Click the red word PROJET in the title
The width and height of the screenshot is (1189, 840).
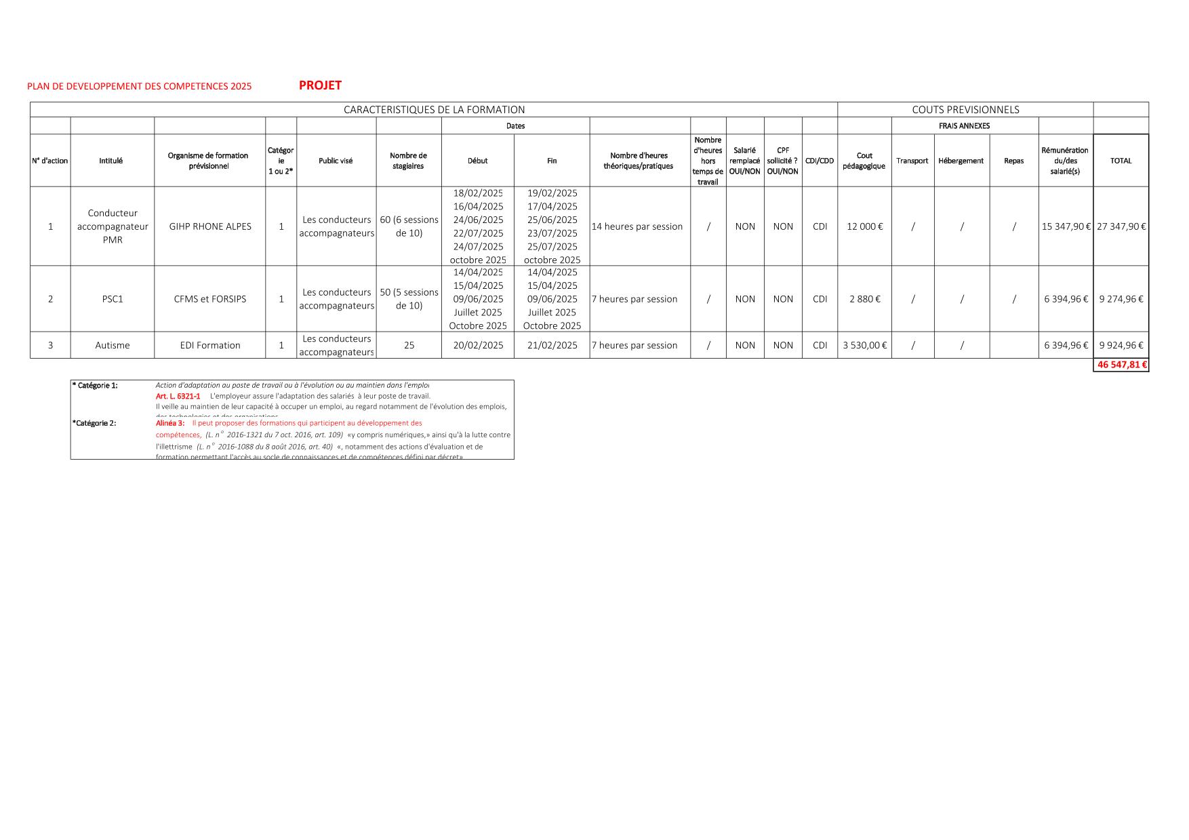320,85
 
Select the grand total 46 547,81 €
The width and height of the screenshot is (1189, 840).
1121,365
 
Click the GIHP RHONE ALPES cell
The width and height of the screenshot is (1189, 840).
210,226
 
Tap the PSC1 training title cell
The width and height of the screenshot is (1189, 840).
113,299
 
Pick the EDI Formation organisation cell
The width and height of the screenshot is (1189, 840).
210,345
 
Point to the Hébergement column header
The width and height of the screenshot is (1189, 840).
961,161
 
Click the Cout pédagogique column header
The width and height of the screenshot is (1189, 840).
864,161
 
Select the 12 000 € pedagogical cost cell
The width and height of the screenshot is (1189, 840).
864,226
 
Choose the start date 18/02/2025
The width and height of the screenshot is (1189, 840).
478,193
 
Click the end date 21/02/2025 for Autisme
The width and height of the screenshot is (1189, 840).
552,345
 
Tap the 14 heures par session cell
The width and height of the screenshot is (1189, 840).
637,226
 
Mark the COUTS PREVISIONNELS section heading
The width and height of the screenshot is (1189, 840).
965,110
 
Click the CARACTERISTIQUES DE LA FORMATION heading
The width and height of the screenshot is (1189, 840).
434,110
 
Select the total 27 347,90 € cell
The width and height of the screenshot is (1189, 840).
1121,226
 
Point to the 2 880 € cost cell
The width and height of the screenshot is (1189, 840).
864,299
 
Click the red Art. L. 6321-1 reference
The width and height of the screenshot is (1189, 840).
178,396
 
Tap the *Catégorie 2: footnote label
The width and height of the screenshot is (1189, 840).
94,423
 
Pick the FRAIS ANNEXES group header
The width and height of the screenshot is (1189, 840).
964,126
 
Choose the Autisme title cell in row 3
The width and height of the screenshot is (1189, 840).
113,345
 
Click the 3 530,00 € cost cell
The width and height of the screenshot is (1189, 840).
864,345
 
